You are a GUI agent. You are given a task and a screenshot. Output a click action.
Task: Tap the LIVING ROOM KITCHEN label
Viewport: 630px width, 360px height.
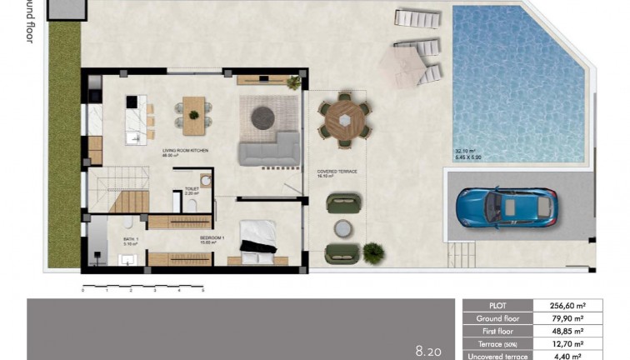click(x=184, y=151)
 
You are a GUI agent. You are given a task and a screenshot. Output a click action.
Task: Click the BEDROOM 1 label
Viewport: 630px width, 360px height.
click(x=212, y=238)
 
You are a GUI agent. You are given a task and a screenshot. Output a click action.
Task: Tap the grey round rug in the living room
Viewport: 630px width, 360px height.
click(x=263, y=117)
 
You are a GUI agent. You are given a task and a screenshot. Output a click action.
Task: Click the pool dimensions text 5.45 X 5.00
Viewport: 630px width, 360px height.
click(x=470, y=157)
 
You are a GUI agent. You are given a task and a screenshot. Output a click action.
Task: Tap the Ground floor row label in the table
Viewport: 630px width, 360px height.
click(x=497, y=318)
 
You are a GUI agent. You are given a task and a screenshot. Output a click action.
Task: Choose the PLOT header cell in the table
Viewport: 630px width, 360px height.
click(x=497, y=306)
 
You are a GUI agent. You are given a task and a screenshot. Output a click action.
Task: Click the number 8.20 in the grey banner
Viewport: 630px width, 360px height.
click(x=428, y=352)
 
